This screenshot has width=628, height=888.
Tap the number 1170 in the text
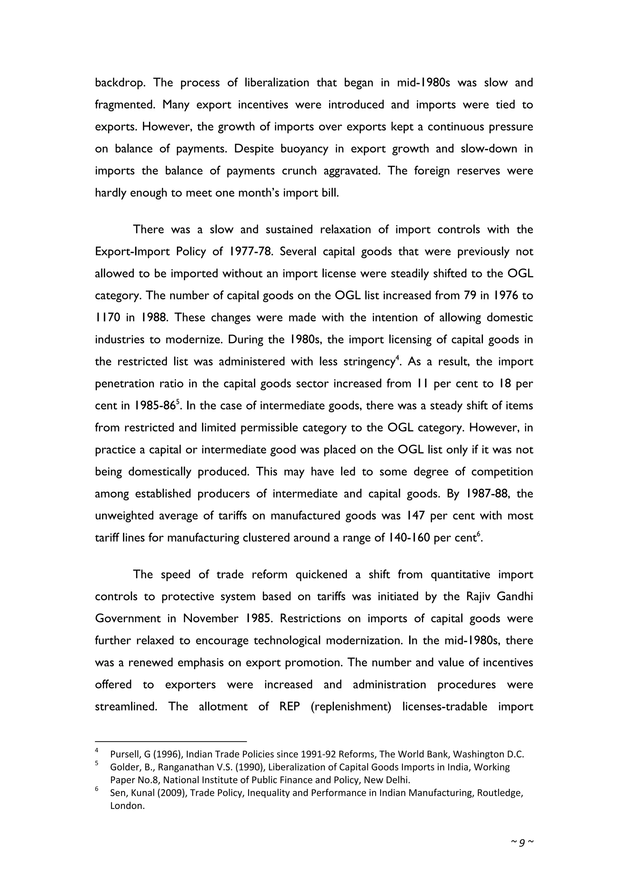pos(106,318)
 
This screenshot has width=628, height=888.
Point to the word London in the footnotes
pos(127,806)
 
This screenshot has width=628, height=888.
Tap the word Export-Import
pos(132,252)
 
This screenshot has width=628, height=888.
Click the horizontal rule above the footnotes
pos(170,742)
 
